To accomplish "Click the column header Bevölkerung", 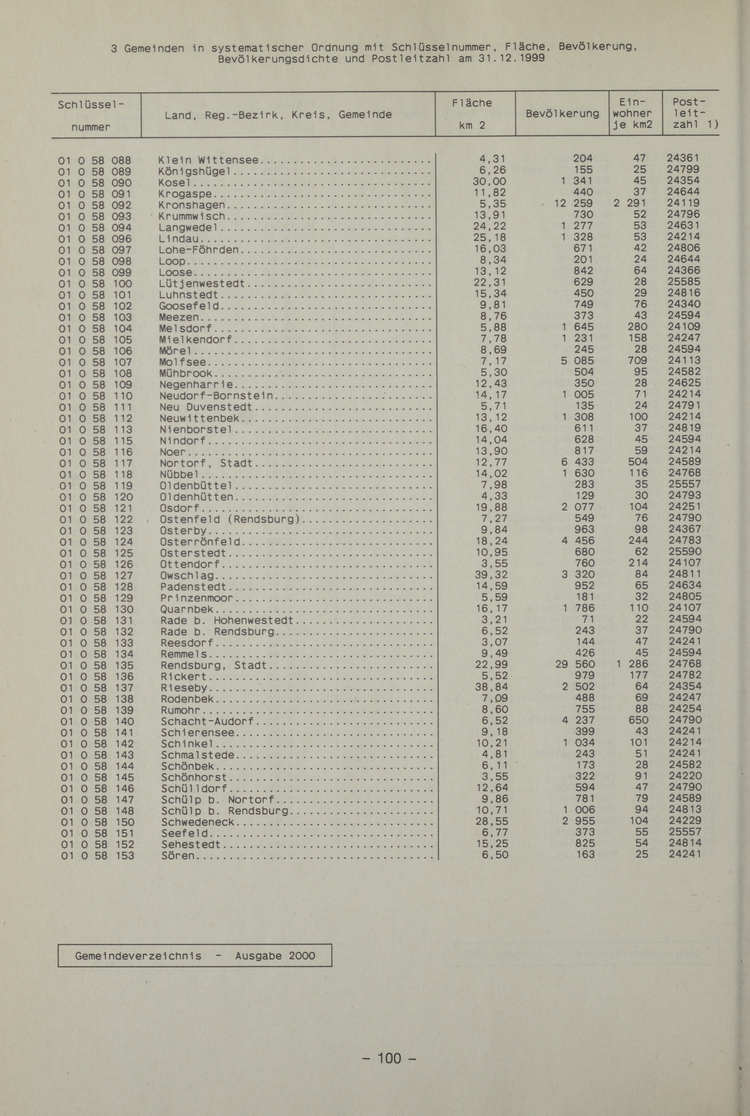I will (562, 114).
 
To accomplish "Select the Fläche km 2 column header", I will (472, 114).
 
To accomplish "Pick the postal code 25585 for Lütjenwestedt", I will (684, 282).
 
